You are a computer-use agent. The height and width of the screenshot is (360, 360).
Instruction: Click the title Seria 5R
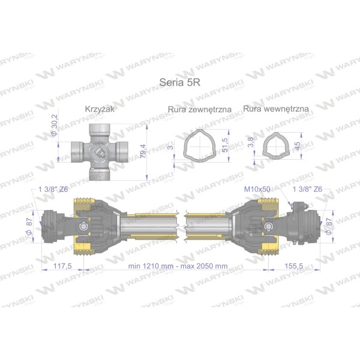click(180, 82)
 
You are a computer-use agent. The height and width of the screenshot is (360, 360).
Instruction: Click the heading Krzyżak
click(100, 109)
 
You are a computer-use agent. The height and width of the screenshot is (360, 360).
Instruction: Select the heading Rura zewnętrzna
click(200, 109)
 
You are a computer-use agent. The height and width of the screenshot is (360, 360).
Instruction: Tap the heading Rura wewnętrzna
click(276, 109)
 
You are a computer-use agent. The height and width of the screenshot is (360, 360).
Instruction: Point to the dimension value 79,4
click(143, 151)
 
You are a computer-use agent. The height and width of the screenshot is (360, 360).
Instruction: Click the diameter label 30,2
click(54, 125)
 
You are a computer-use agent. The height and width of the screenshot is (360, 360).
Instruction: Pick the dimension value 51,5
click(225, 145)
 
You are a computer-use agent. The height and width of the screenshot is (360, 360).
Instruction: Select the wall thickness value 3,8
click(251, 142)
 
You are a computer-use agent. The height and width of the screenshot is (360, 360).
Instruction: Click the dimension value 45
click(297, 146)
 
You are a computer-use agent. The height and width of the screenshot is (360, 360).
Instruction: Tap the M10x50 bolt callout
click(257, 189)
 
